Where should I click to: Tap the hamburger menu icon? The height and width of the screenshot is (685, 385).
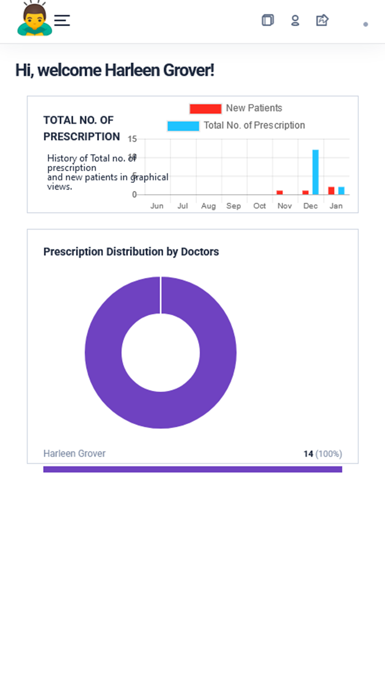pyautogui.click(x=62, y=21)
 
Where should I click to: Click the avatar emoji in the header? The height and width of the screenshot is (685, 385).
pyautogui.click(x=34, y=19)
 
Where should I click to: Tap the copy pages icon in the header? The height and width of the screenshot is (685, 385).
pyautogui.click(x=267, y=21)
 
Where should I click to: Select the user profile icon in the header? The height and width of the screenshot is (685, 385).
pyautogui.click(x=295, y=21)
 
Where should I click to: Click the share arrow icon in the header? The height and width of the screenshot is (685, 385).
pyautogui.click(x=322, y=21)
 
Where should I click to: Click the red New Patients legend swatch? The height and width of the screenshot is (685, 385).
pyautogui.click(x=205, y=109)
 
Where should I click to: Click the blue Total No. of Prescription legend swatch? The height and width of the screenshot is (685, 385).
pyautogui.click(x=183, y=126)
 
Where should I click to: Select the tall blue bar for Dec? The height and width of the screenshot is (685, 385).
pyautogui.click(x=316, y=172)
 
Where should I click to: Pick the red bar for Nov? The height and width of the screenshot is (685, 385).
pyautogui.click(x=280, y=193)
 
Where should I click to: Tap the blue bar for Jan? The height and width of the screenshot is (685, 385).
pyautogui.click(x=341, y=191)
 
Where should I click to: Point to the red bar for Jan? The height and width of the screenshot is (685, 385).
pyautogui.click(x=331, y=191)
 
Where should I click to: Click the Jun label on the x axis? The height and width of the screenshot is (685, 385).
pyautogui.click(x=157, y=206)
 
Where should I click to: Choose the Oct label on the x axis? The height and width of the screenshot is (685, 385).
pyautogui.click(x=260, y=206)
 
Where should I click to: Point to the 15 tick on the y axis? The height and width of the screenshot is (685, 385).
pyautogui.click(x=132, y=139)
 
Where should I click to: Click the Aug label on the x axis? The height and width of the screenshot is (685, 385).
pyautogui.click(x=208, y=206)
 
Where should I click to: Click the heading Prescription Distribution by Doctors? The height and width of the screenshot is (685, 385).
pyautogui.click(x=131, y=252)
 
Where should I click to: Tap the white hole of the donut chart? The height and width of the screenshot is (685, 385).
pyautogui.click(x=161, y=352)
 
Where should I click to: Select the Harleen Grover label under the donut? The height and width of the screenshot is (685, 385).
pyautogui.click(x=74, y=453)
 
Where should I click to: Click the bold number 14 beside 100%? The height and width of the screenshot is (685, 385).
pyautogui.click(x=308, y=454)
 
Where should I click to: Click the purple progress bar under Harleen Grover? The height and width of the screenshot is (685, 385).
pyautogui.click(x=192, y=469)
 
